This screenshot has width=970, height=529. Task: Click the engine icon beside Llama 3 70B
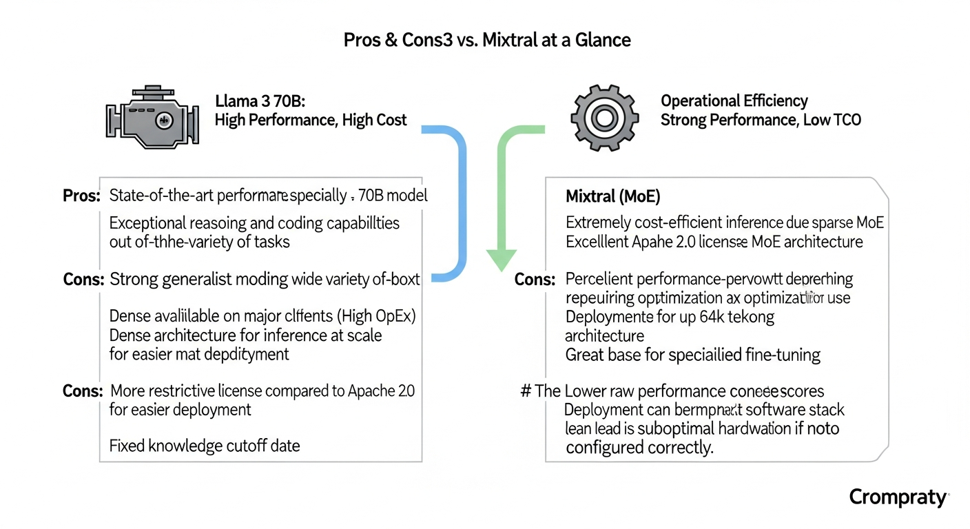(x=152, y=118)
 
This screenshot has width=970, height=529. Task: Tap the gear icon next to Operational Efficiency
(x=603, y=118)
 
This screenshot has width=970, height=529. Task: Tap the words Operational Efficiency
(x=734, y=101)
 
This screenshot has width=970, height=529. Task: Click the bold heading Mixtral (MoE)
(x=612, y=197)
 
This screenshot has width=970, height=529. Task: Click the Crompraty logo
(x=898, y=497)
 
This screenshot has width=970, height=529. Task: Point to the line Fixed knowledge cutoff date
(x=205, y=446)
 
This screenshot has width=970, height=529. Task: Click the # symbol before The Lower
(x=525, y=391)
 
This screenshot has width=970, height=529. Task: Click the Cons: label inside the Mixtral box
(x=535, y=280)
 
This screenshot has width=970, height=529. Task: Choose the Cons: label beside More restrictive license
(x=83, y=391)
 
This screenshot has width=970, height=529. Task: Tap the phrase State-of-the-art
(x=161, y=196)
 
